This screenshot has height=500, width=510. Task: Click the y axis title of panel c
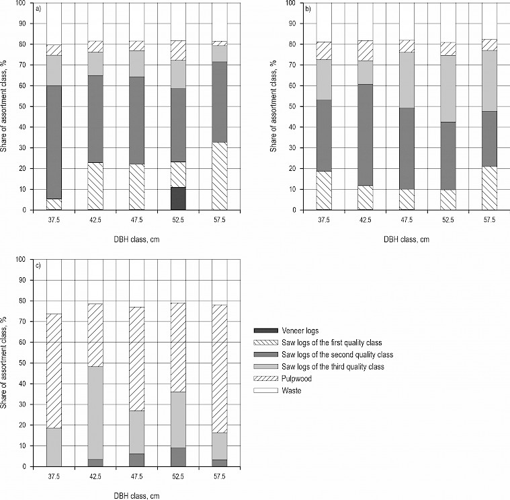click(5, 363)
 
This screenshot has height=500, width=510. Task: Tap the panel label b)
click(309, 9)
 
